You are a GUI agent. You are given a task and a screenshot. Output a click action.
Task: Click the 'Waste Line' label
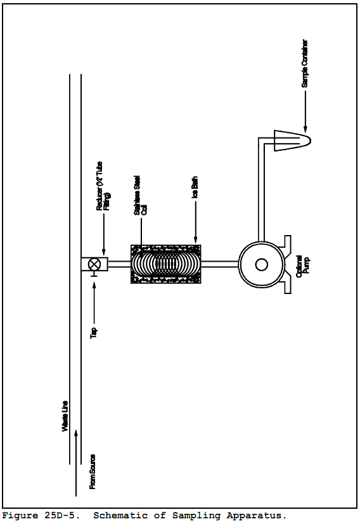(x=65, y=416)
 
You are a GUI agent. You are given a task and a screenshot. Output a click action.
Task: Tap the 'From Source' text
(x=93, y=471)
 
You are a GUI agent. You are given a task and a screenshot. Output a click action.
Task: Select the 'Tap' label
(x=94, y=333)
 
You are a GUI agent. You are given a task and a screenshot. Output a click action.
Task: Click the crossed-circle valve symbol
(x=94, y=264)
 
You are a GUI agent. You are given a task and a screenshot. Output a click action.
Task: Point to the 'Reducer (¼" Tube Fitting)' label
(x=103, y=186)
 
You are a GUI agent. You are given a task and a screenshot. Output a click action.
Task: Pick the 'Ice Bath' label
(x=195, y=187)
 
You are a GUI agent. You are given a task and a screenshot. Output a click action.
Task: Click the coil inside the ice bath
(x=166, y=264)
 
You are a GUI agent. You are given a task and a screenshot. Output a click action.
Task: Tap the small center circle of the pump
(x=261, y=265)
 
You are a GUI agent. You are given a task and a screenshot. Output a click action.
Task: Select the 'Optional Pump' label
(x=303, y=266)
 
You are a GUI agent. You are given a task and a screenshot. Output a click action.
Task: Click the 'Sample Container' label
(x=304, y=63)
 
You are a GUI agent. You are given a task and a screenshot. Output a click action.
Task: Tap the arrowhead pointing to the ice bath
(x=196, y=240)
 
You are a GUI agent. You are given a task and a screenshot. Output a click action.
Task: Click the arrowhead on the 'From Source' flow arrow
(x=76, y=433)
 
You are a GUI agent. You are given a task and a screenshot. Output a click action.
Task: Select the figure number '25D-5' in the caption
(x=62, y=516)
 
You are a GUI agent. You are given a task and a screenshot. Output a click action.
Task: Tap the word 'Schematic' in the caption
(x=120, y=516)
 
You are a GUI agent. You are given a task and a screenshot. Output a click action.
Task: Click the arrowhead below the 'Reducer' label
(x=103, y=252)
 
